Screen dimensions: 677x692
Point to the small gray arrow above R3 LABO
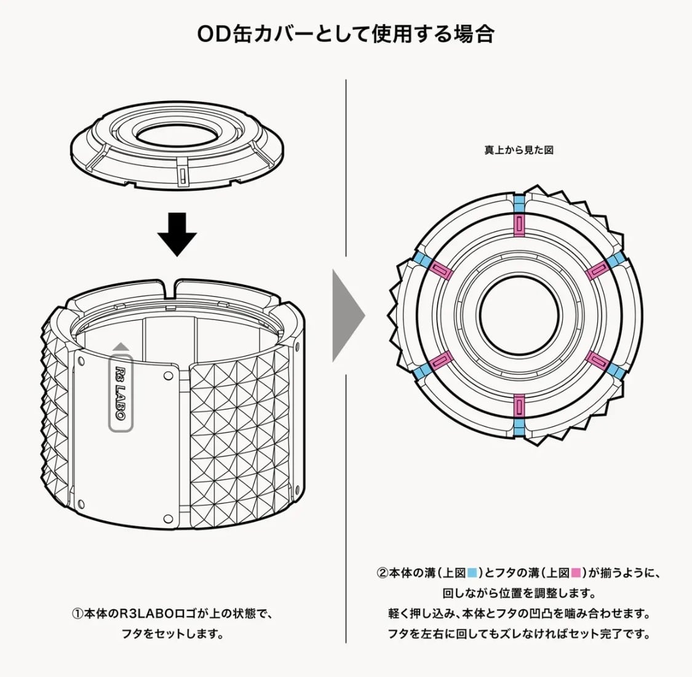coord(121,348)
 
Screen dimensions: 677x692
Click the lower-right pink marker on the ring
coord(597,360)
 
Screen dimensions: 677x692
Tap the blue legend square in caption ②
coord(472,573)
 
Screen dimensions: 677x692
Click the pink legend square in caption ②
coord(576,573)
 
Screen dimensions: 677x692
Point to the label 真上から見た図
coord(519,150)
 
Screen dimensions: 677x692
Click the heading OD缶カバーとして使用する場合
coord(346,34)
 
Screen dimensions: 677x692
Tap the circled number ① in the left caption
coord(77,614)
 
